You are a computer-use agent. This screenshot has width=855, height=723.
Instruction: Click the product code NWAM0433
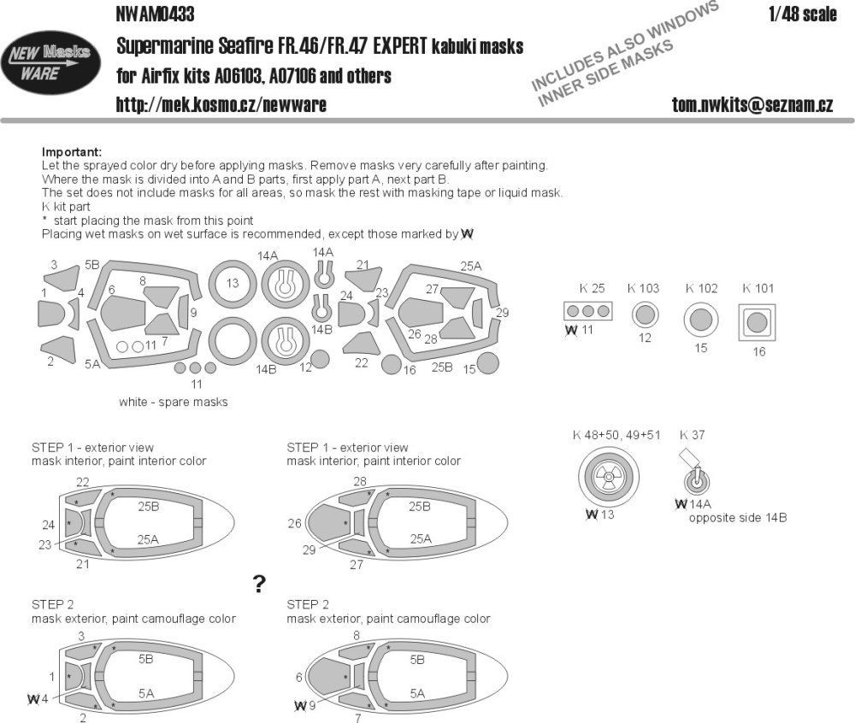[154, 14]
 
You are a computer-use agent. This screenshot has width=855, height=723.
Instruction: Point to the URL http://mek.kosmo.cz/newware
[221, 104]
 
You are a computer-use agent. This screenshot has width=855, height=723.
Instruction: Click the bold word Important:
[71, 151]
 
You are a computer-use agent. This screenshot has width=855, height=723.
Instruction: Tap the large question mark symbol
[259, 584]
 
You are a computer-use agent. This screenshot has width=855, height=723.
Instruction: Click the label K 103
[643, 288]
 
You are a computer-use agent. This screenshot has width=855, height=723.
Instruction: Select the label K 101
[758, 288]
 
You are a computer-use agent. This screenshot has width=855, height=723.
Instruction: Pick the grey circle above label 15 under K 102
[700, 320]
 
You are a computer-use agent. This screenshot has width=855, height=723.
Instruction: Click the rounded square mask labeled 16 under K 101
[758, 323]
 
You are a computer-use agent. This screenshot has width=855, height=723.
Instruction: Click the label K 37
[693, 435]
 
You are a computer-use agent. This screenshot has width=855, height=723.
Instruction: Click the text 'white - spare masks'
[174, 402]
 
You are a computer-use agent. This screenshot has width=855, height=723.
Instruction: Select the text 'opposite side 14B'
[737, 518]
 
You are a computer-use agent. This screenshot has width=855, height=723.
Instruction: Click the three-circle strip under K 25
[588, 311]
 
